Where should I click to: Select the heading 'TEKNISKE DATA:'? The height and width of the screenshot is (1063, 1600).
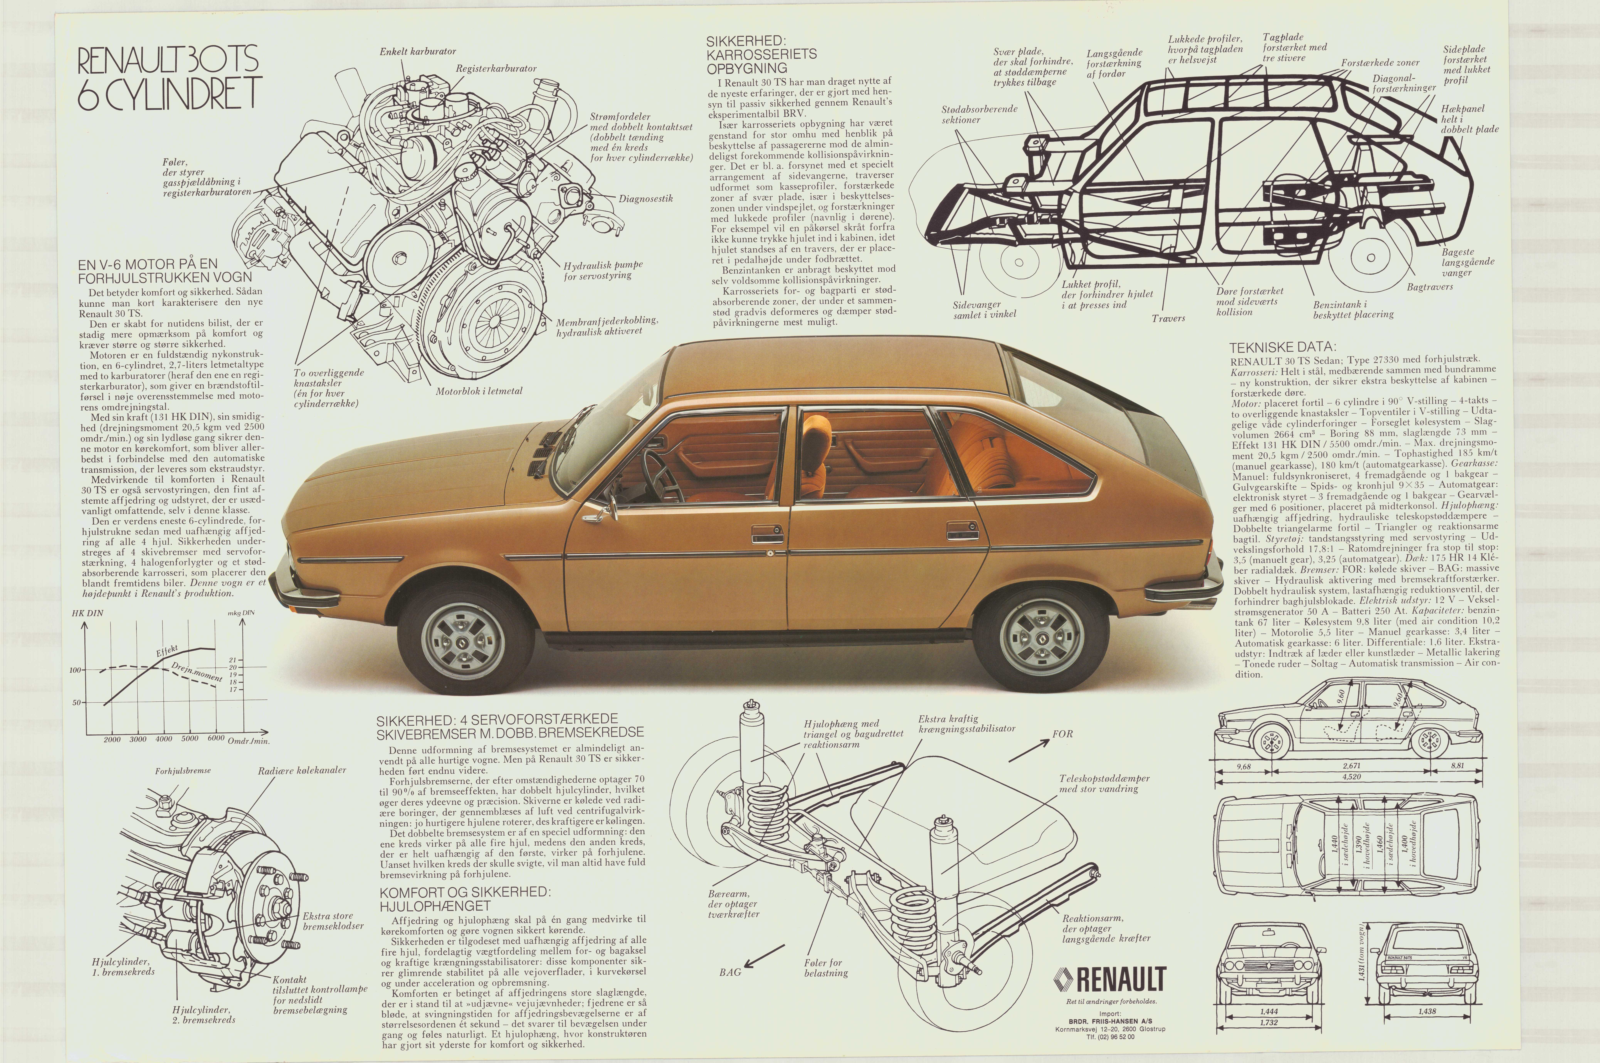pos(1283,346)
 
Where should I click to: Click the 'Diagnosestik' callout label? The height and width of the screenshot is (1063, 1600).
pos(645,199)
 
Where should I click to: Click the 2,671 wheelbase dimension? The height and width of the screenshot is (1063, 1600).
pos(1351,766)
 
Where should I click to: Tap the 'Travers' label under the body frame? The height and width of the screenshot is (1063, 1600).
pos(1168,318)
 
